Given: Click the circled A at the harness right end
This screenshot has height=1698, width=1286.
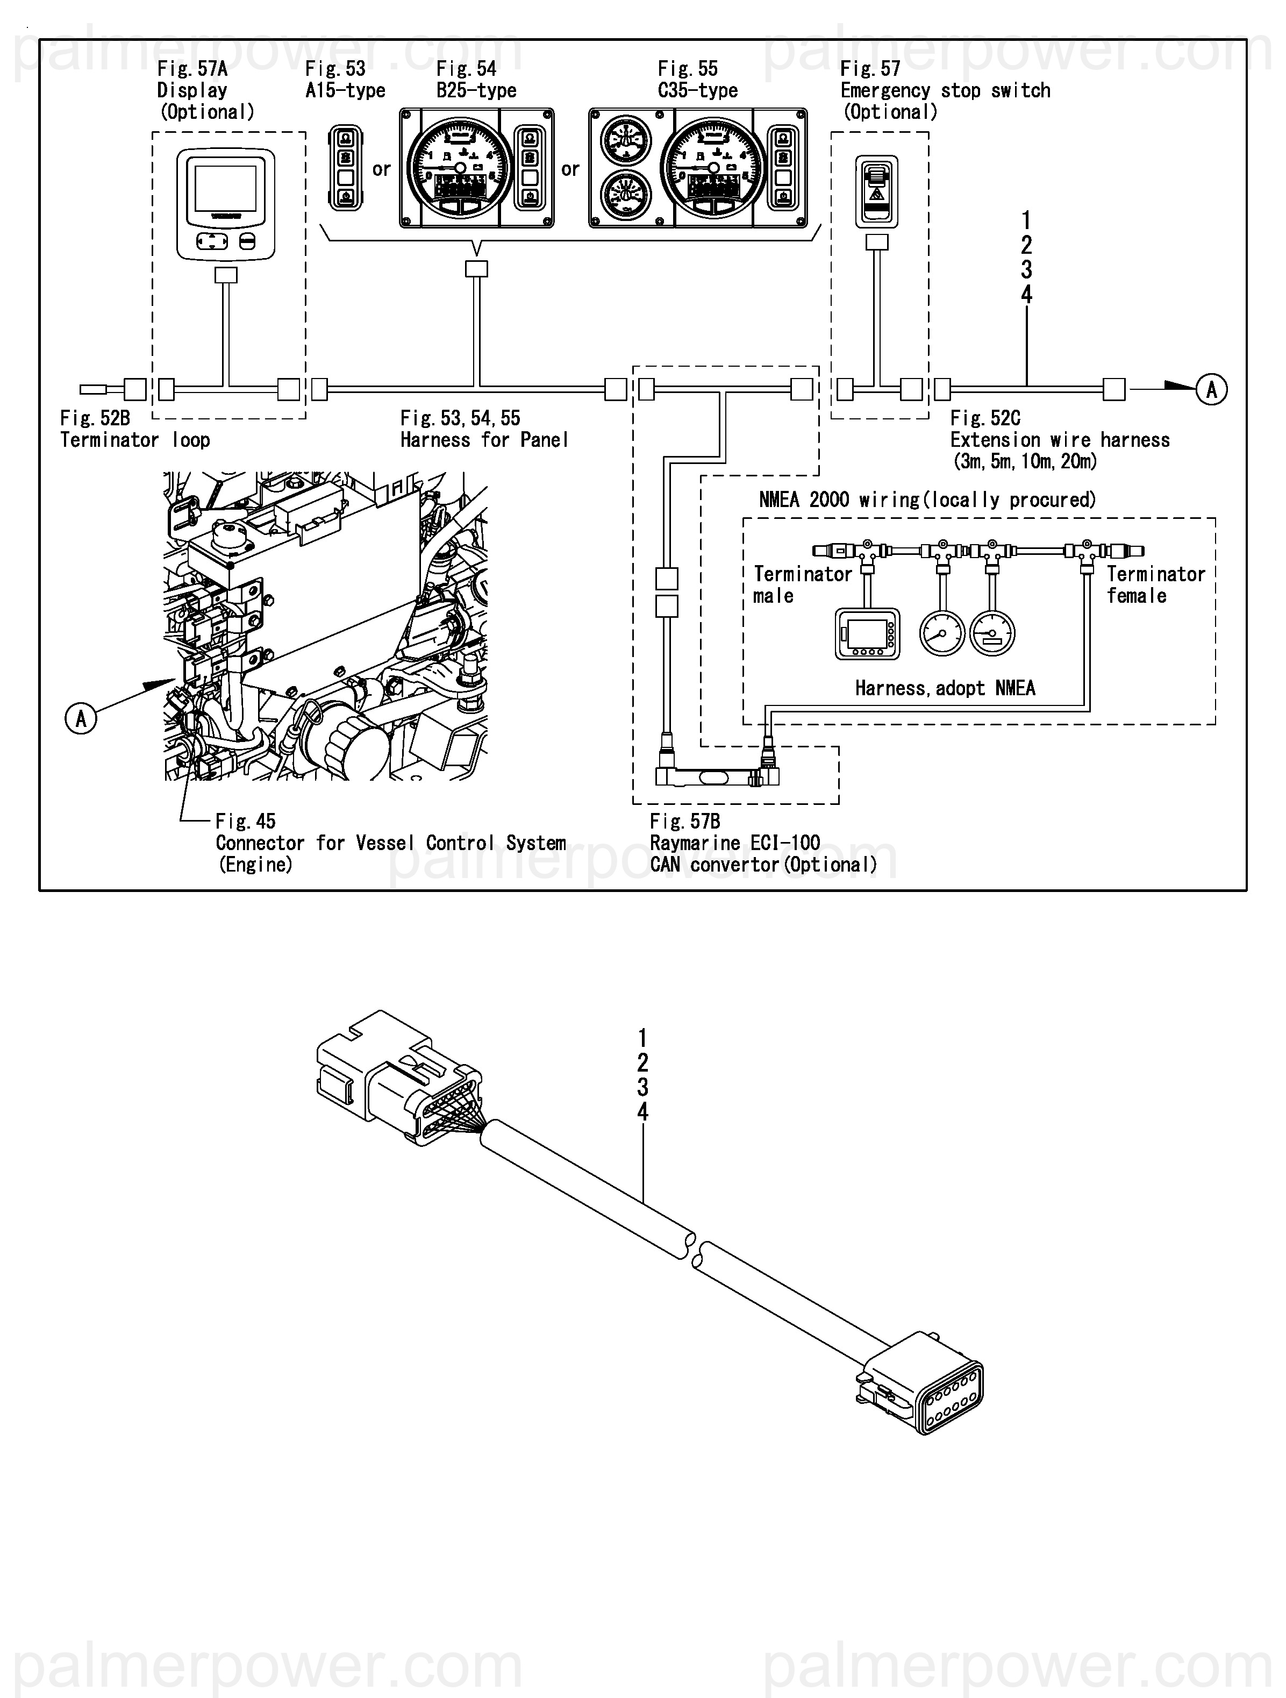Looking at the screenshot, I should point(1211,389).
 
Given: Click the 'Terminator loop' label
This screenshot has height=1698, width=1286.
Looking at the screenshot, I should point(134,440).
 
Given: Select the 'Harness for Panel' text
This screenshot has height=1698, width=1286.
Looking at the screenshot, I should point(484,440).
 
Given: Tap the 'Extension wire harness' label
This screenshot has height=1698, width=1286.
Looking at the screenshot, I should point(1060,440).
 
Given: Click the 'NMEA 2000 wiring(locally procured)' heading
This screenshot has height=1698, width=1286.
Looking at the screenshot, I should point(927,500).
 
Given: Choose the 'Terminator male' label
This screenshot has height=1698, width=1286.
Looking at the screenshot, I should point(802,584).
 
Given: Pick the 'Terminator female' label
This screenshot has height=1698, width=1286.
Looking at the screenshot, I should point(1155,584).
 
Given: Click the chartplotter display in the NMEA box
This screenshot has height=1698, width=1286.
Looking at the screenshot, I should point(867,634).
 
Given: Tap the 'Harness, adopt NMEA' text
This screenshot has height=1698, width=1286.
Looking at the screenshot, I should point(945,688).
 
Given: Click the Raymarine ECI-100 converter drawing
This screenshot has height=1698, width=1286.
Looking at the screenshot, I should point(717,776).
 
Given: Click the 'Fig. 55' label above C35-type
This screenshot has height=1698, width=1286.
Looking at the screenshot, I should point(687,69).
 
